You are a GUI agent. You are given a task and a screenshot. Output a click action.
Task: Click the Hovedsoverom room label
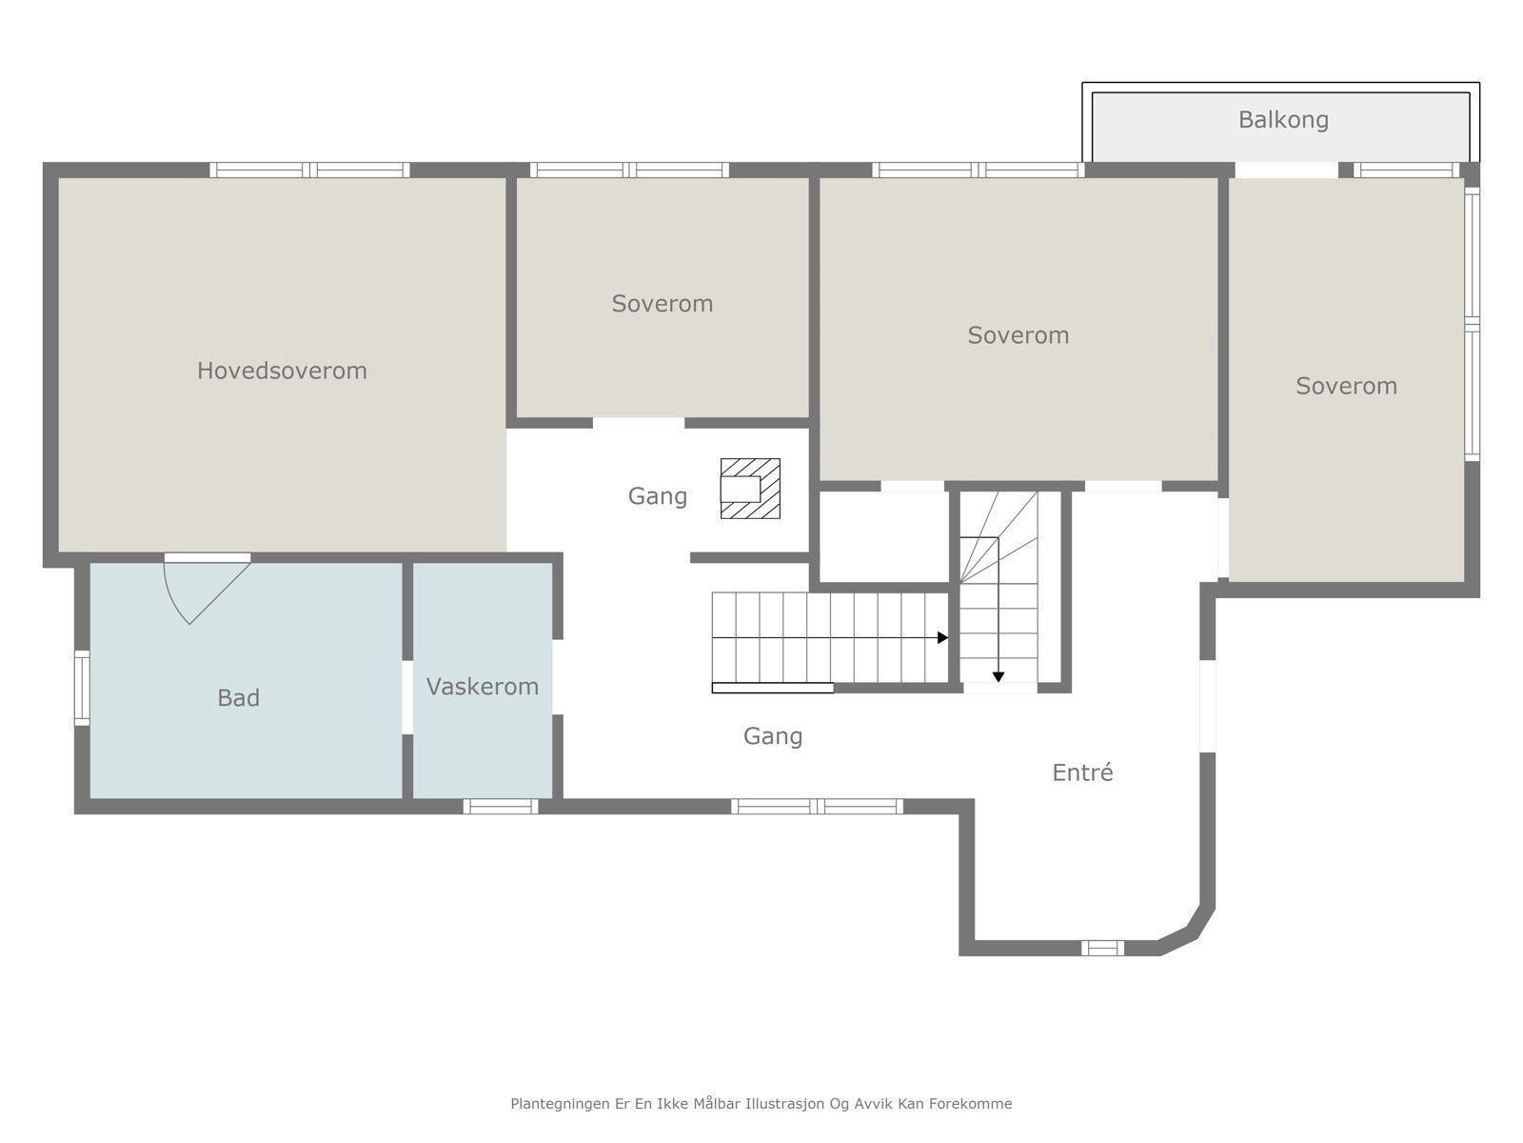tap(282, 371)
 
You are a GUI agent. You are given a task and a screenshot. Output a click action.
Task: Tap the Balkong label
tap(1283, 120)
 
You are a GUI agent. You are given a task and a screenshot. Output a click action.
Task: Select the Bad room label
tap(238, 697)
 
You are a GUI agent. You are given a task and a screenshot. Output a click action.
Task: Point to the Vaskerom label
tap(483, 687)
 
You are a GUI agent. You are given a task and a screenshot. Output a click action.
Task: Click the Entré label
tap(1082, 772)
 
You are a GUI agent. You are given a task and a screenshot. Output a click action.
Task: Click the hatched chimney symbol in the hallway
tap(750, 489)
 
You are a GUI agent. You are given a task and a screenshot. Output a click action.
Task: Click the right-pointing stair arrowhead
tap(943, 638)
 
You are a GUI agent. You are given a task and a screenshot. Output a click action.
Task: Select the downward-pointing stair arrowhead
tap(999, 677)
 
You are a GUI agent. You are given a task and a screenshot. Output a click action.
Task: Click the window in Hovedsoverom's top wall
tap(309, 170)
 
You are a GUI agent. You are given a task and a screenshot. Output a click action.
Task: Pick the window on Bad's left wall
tap(82, 688)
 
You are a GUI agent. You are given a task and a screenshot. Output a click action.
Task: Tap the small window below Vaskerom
tap(501, 807)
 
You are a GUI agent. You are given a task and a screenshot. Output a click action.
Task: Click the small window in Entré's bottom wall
tap(1102, 948)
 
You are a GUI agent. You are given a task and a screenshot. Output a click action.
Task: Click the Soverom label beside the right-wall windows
tap(1346, 386)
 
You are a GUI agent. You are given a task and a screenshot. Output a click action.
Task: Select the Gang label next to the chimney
tap(657, 497)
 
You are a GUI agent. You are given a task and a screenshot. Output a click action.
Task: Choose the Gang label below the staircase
tap(772, 736)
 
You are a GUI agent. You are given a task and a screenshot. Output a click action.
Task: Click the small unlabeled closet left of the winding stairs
tap(884, 537)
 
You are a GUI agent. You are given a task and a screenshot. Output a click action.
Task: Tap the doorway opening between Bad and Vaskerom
tap(407, 697)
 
